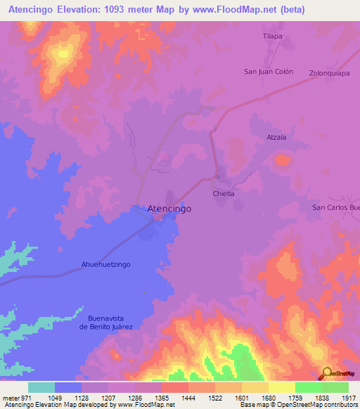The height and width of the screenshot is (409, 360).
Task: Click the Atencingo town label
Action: (169, 209)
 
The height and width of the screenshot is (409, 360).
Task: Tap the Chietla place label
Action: (223, 193)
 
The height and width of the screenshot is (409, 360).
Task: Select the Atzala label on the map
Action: (276, 137)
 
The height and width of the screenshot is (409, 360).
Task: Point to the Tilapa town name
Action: (272, 36)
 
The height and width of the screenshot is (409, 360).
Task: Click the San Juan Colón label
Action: (268, 72)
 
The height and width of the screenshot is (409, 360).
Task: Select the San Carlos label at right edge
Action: (336, 207)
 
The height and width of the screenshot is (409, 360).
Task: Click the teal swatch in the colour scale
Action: (41, 387)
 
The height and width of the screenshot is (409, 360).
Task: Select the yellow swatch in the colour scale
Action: (282, 387)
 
